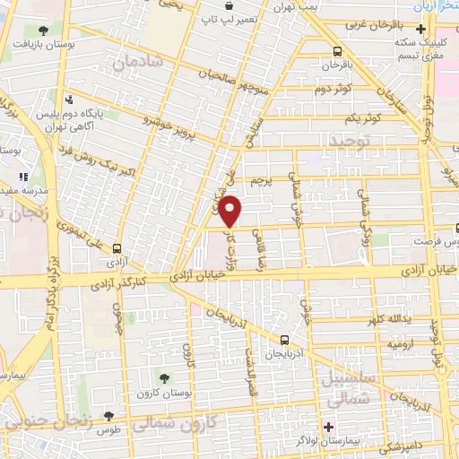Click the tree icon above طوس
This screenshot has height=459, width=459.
(109, 416)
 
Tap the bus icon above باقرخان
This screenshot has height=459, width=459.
(337, 51)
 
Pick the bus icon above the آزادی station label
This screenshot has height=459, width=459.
(116, 249)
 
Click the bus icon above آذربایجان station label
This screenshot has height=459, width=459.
(284, 340)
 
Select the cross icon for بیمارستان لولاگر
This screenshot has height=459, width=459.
(329, 425)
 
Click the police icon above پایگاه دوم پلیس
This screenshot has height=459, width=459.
(69, 100)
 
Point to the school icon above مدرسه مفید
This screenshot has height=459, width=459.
(23, 178)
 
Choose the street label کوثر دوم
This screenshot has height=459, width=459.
(333, 88)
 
